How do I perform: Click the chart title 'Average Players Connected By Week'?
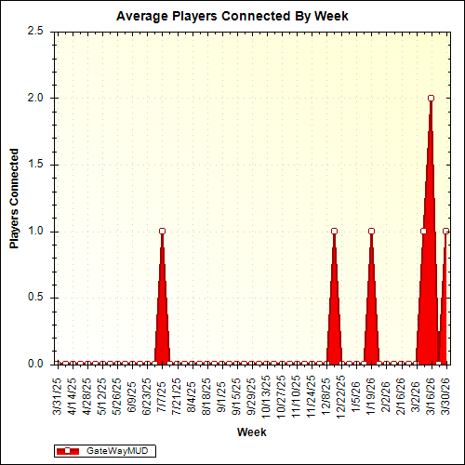click(232, 16)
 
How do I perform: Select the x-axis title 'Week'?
click(252, 432)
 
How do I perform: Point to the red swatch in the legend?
click(68, 450)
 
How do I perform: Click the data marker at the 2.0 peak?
click(431, 98)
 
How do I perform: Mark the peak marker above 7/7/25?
click(162, 231)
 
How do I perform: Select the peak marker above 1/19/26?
click(371, 231)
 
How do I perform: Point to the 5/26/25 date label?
click(117, 394)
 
